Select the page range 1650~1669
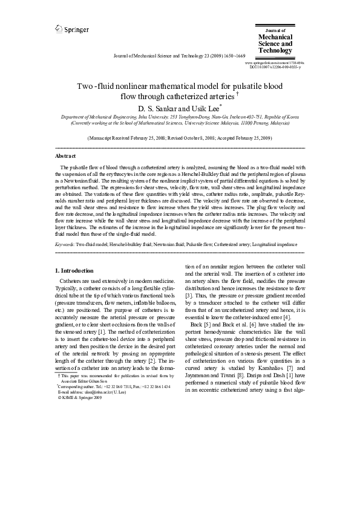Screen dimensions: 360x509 tap(228, 55)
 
